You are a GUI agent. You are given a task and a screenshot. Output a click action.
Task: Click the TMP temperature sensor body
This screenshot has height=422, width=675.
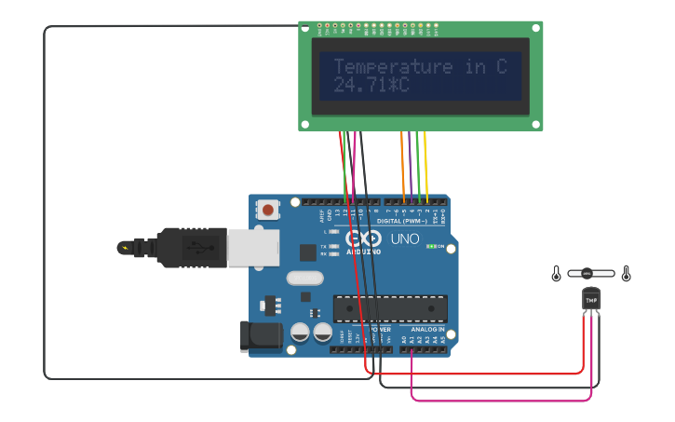point(591,299)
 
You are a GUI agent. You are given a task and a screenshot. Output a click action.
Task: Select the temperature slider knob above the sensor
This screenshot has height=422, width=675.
point(587,274)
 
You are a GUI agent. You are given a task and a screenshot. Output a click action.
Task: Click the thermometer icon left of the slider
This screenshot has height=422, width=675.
point(557,274)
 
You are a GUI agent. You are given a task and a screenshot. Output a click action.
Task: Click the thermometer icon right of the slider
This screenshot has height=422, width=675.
point(627,274)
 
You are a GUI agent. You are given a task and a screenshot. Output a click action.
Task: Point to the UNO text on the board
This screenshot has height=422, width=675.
point(405,239)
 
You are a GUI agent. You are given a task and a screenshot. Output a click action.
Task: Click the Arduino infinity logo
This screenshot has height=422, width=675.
point(363,238)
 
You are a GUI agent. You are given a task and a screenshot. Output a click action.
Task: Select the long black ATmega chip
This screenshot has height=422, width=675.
point(390,308)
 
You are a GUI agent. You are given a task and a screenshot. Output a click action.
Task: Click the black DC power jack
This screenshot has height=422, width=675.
point(261,336)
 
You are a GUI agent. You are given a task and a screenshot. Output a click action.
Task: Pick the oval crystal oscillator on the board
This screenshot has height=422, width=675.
point(304,278)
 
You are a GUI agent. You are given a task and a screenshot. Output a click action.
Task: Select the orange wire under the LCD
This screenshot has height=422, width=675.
point(402,163)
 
